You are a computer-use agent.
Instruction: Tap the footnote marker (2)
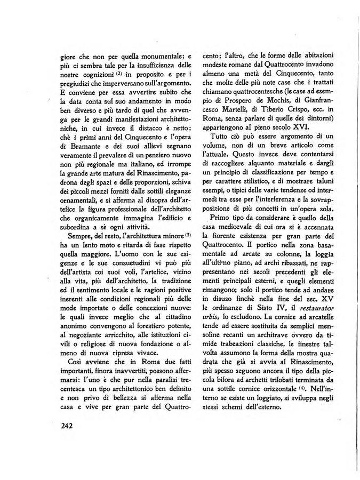pyautogui.click(x=121, y=73)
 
